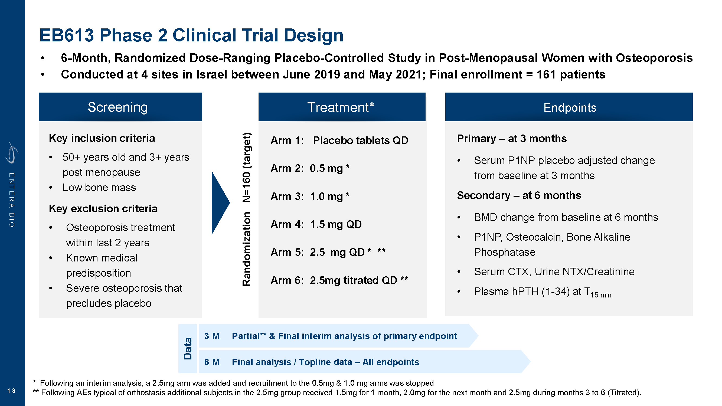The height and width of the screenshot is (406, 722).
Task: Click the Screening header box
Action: pos(120,107)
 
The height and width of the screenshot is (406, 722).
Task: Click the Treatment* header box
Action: pos(342,107)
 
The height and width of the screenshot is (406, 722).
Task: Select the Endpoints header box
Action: pos(569,107)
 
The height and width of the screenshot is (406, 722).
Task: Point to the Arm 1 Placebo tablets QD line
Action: pos(339,140)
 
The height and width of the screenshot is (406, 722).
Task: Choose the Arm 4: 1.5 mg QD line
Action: pos(316,224)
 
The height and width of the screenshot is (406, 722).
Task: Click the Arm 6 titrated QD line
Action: pos(339,280)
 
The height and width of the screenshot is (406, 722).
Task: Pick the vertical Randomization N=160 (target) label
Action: pos(246,209)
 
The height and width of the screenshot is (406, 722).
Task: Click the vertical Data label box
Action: pos(188,349)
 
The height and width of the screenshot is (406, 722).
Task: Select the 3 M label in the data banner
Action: pos(212,336)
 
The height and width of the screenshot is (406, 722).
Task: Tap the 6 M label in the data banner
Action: pos(212,362)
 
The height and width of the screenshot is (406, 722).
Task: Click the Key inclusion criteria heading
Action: pos(102,138)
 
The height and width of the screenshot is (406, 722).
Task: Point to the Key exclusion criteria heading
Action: pos(103,208)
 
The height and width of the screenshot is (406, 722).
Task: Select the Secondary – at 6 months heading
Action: pos(519,195)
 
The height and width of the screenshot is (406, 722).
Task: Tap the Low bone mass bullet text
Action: pos(99,188)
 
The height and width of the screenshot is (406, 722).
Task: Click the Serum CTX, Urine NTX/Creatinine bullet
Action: pos(554,271)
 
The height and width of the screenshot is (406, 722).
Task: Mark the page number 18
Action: pos(11,391)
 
